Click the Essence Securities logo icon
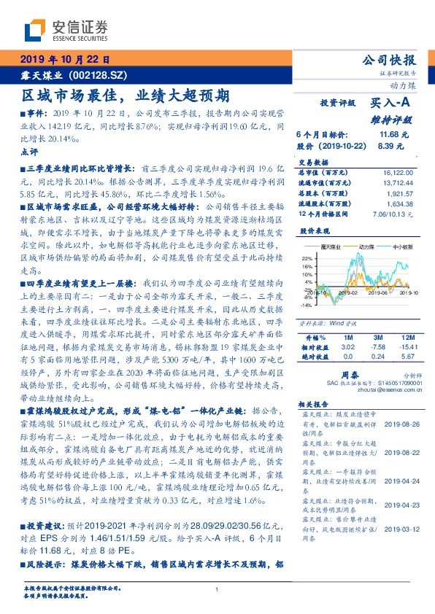(36, 31)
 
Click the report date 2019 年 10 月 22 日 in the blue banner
(63, 59)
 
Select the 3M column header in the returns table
(378, 338)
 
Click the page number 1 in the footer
(217, 589)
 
